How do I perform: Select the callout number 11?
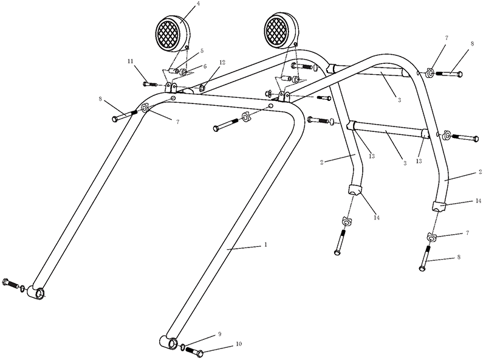tap(131, 61)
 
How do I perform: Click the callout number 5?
tap(202, 50)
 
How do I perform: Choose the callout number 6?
tap(205, 67)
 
